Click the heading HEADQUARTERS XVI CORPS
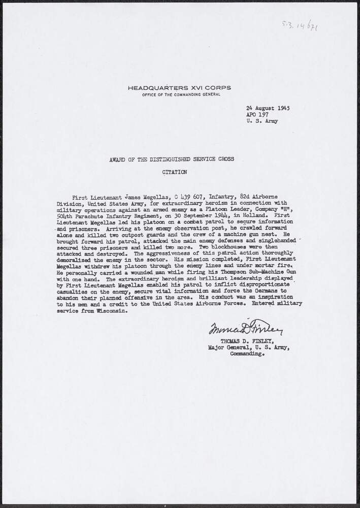[179, 87]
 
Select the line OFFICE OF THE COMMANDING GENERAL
[179, 95]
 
